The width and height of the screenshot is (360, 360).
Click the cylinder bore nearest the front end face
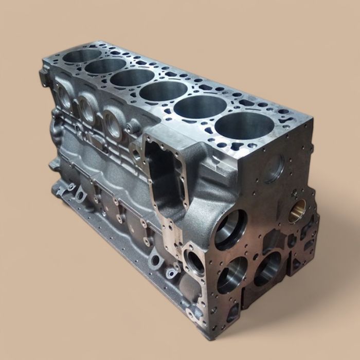[x=244, y=127]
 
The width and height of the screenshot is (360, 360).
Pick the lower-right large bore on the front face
[x=267, y=267]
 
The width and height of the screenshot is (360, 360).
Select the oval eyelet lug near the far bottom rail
[x=80, y=195]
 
